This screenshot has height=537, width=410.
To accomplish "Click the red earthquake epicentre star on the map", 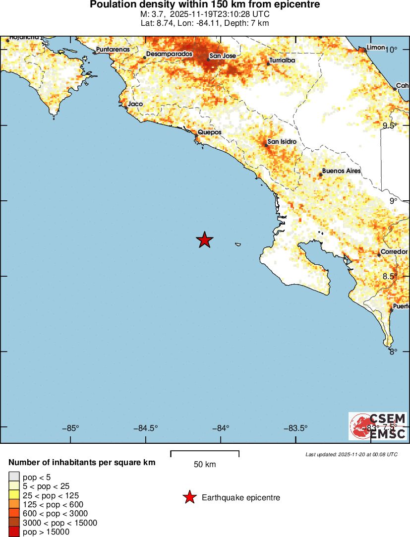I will click(204, 240).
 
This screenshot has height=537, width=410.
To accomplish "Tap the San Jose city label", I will click(223, 56).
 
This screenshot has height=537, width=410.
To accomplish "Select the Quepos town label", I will click(209, 132).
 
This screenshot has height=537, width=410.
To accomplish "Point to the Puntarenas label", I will click(113, 50).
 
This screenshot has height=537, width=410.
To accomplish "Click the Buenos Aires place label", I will click(341, 171).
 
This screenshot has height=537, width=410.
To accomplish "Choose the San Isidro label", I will click(282, 142).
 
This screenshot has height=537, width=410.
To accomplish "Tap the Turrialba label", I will click(282, 60).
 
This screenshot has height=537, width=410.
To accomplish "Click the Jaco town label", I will click(135, 104).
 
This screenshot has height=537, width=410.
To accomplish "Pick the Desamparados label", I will click(169, 54).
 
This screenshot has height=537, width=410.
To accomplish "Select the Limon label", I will click(375, 47).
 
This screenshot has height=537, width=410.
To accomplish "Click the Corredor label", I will click(394, 252).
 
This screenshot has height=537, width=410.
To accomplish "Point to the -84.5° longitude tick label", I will click(147, 428).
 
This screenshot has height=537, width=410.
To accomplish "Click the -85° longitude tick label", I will click(71, 428).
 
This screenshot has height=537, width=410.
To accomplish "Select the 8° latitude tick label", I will click(394, 352).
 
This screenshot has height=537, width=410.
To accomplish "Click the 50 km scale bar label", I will click(205, 465).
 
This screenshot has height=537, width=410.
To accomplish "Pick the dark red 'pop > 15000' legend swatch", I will click(14, 532).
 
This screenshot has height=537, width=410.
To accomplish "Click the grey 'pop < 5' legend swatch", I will click(14, 477).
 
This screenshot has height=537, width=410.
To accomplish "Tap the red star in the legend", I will click(189, 497).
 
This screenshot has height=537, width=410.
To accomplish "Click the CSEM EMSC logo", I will click(378, 426).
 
